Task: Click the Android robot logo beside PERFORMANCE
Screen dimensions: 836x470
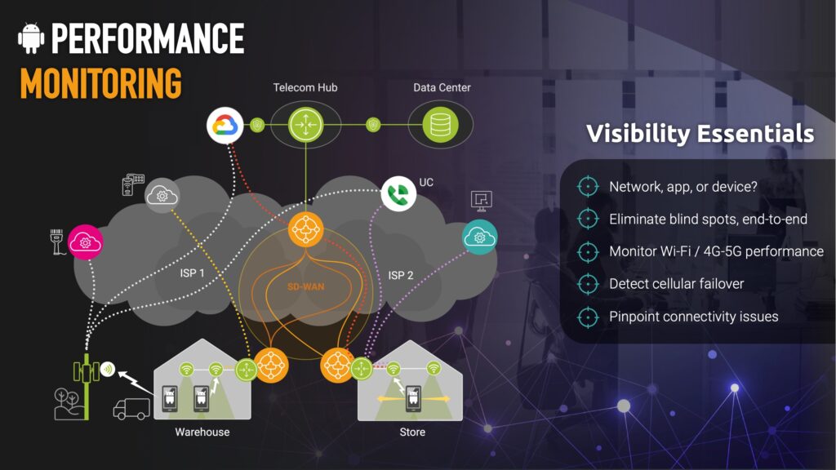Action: tap(31, 38)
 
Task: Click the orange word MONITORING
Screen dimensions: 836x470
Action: tap(100, 83)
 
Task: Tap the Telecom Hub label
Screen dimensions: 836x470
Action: tap(305, 87)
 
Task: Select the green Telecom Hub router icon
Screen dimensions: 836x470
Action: tap(305, 125)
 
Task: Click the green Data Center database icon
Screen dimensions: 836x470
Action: tap(440, 125)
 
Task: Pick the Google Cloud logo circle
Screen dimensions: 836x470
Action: tap(225, 126)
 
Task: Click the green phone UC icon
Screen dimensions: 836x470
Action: tap(398, 193)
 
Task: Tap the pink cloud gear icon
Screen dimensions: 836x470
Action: tap(85, 242)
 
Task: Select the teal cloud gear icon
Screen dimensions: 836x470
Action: tap(479, 237)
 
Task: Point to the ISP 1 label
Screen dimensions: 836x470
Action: tap(192, 273)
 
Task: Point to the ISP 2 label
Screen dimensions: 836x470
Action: tap(400, 275)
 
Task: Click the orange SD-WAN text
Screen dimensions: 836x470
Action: tap(305, 286)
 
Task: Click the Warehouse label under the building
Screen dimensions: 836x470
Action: tap(202, 432)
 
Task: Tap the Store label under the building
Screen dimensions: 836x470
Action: tap(412, 432)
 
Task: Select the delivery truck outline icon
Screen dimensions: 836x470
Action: tap(131, 409)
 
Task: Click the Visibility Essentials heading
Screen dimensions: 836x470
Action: tap(700, 133)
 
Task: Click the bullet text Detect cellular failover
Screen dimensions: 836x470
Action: tap(676, 283)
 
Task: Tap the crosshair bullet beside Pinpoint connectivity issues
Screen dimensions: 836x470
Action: tap(588, 317)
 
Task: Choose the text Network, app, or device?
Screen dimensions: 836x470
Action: tap(683, 187)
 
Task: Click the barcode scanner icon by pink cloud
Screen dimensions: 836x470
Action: tap(56, 242)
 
